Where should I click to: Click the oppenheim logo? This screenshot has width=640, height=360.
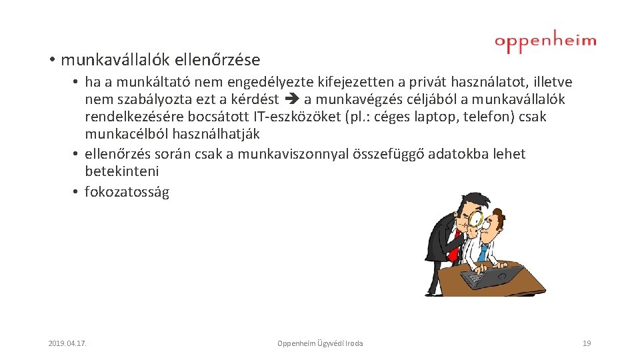[545, 41]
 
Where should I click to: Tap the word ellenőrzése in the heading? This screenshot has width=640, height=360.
[217, 60]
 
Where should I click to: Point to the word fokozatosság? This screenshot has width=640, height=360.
[127, 192]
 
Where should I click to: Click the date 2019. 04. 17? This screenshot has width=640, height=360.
[68, 343]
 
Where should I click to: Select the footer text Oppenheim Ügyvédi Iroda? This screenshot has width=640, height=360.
[320, 343]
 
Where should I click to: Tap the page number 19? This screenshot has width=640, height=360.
[587, 343]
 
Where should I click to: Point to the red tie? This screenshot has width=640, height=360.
[456, 243]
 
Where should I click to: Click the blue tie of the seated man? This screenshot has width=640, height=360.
[482, 254]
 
